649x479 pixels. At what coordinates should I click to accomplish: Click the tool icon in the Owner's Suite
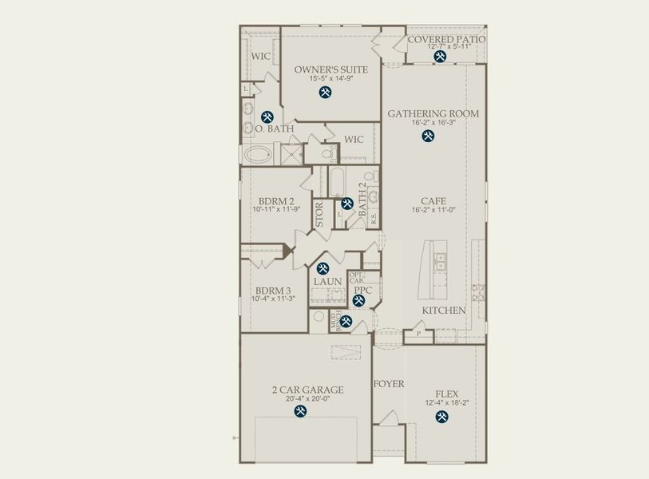tap(325, 93)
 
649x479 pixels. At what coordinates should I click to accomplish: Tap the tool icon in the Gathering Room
tap(428, 136)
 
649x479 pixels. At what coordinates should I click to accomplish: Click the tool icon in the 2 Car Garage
tap(300, 411)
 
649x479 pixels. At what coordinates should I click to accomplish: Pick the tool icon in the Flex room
tap(441, 415)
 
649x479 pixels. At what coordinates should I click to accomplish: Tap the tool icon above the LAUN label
tap(323, 269)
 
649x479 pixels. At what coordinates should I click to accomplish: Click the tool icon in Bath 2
tap(347, 204)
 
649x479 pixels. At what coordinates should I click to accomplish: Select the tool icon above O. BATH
tap(267, 116)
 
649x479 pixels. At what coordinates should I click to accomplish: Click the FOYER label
tap(389, 384)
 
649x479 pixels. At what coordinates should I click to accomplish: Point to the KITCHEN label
tap(444, 310)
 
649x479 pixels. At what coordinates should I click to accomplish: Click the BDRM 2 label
tap(274, 200)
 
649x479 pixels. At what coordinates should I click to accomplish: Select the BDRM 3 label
tap(271, 291)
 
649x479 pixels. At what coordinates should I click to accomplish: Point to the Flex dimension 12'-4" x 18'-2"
tap(446, 403)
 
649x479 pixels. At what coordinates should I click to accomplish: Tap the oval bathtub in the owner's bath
tap(259, 153)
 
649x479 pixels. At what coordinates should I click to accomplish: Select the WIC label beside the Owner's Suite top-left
tap(260, 57)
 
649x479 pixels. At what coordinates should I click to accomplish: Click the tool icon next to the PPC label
tap(358, 301)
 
